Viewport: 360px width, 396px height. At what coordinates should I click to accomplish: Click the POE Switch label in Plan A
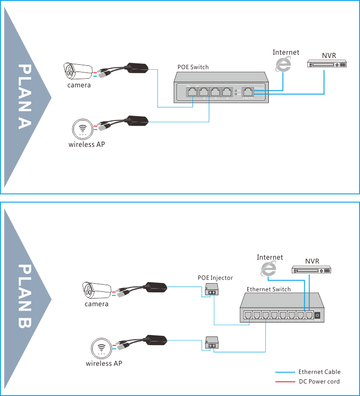click(x=192, y=67)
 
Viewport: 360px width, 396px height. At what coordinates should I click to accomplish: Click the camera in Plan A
click(x=78, y=72)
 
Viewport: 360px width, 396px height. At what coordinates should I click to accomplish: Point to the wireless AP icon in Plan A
click(x=82, y=129)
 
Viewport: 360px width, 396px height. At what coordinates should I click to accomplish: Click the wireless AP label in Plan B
click(x=104, y=363)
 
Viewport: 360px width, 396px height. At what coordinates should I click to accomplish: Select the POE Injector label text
click(x=215, y=278)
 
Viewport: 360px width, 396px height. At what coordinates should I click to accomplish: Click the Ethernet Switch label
click(x=268, y=289)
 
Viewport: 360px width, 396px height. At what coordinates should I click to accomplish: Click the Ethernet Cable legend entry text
click(x=319, y=372)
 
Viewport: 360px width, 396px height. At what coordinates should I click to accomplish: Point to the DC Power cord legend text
click(x=319, y=382)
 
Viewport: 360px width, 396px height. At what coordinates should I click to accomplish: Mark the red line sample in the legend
click(x=284, y=382)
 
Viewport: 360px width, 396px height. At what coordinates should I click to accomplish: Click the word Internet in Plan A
click(x=286, y=52)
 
